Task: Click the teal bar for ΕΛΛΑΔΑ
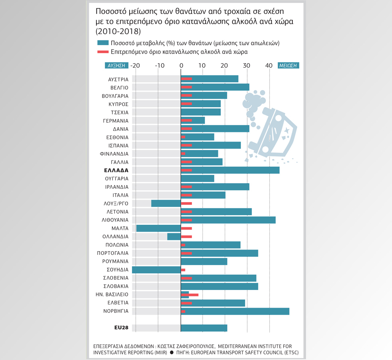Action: tap(230, 170)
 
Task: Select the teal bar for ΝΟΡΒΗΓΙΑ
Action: tap(235, 311)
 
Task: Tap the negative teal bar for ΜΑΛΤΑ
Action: tap(158, 228)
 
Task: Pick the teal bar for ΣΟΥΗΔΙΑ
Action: tap(156, 270)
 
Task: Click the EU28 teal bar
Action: tap(204, 328)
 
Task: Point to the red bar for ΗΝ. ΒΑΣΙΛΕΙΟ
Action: tap(190, 295)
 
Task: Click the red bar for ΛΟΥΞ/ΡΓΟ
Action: tap(186, 204)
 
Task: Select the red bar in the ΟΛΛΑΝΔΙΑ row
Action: tap(186, 236)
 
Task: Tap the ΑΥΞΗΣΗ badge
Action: tap(116, 66)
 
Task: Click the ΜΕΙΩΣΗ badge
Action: tap(288, 66)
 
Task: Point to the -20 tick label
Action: tap(135, 66)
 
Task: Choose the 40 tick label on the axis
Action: tap(269, 66)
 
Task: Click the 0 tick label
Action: tap(181, 66)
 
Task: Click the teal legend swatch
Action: tap(103, 43)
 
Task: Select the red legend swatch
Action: tap(103, 52)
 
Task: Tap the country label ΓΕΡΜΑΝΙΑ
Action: tap(116, 121)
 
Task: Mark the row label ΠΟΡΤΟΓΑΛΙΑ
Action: tap(113, 253)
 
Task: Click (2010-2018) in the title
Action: tap(118, 31)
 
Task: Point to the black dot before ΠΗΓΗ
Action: tap(172, 352)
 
